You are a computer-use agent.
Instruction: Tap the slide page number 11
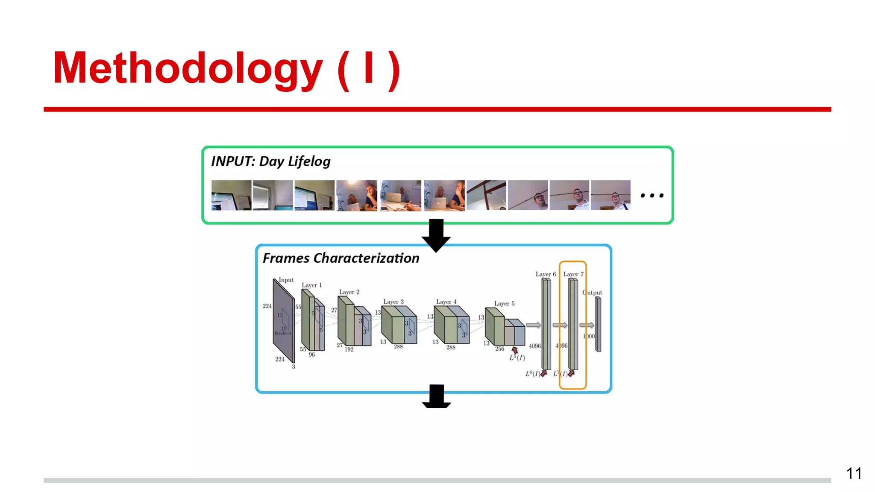click(854, 473)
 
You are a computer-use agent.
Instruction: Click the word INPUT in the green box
click(232, 161)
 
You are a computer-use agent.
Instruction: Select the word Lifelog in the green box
click(309, 161)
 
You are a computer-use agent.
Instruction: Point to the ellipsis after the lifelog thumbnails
click(652, 196)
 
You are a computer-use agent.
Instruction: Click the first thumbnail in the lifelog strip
click(231, 195)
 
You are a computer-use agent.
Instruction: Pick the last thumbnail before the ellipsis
click(611, 195)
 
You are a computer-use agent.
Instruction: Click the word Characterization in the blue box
click(366, 258)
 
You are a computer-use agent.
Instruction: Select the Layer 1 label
click(311, 285)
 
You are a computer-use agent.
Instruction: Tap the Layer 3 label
click(393, 302)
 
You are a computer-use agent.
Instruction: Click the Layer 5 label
click(504, 304)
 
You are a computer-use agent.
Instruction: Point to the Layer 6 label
click(546, 274)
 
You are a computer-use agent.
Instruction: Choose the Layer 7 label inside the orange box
click(573, 274)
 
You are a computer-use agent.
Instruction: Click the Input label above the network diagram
click(286, 280)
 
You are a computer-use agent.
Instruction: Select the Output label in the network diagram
click(592, 293)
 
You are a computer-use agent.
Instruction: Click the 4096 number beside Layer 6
click(534, 346)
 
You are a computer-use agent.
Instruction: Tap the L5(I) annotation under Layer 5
click(517, 358)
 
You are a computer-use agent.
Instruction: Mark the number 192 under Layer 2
click(349, 349)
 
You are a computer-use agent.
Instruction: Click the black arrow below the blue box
click(436, 396)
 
